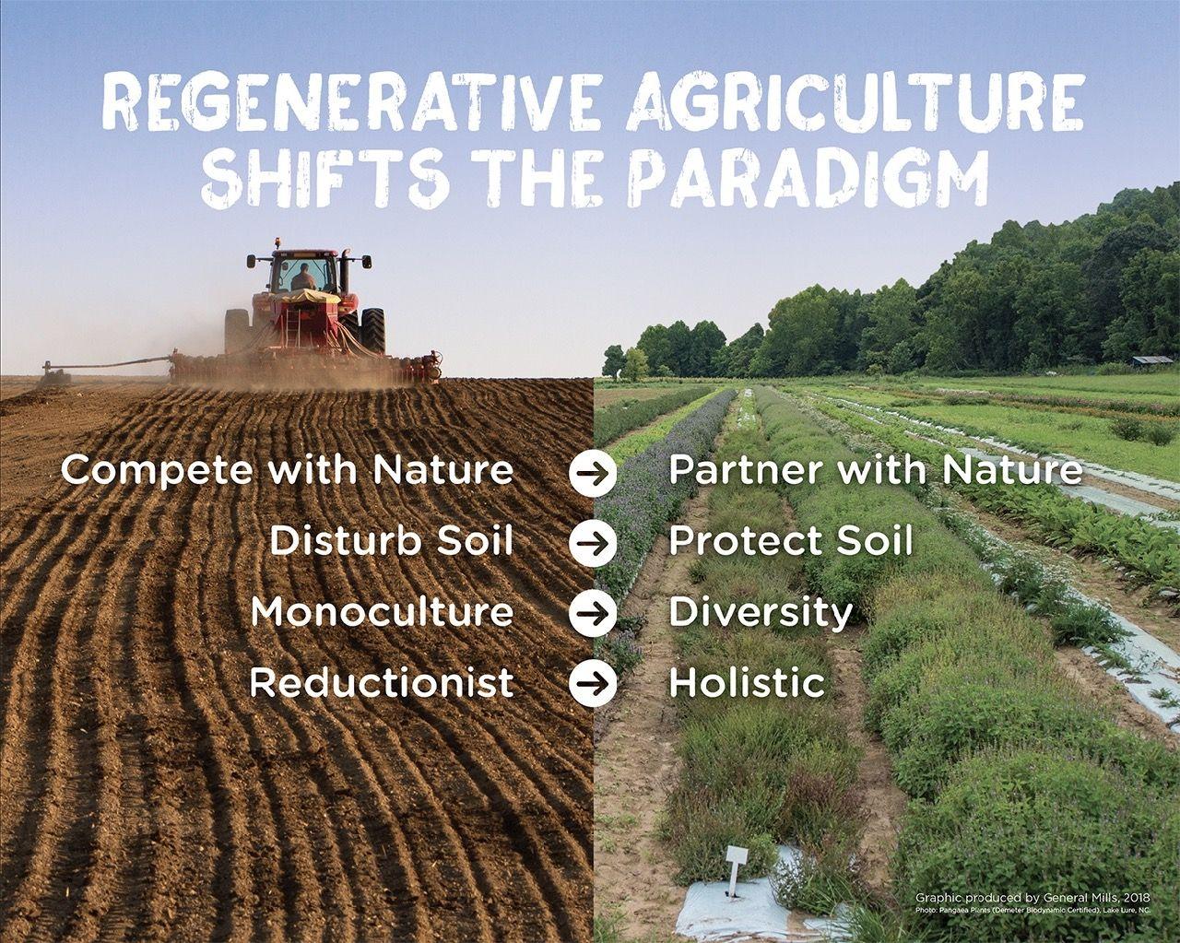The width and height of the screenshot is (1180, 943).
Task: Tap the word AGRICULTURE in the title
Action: click(x=854, y=103)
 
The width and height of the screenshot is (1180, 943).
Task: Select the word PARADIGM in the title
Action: click(x=811, y=179)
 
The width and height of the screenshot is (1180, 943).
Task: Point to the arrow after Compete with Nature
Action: click(x=593, y=472)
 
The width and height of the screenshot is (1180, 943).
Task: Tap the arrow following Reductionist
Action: click(x=593, y=684)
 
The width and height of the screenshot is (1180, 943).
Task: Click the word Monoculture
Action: click(x=382, y=612)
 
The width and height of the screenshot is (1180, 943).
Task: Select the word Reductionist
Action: click(x=382, y=683)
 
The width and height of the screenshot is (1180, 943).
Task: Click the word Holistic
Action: click(x=747, y=683)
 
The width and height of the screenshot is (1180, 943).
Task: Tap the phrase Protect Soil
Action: click(x=790, y=541)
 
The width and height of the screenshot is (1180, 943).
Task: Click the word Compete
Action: click(x=157, y=471)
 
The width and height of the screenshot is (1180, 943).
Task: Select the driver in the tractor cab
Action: click(x=303, y=277)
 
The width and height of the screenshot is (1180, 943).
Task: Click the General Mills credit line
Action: click(x=1032, y=897)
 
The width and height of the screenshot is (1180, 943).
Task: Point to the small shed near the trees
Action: click(x=1152, y=360)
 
